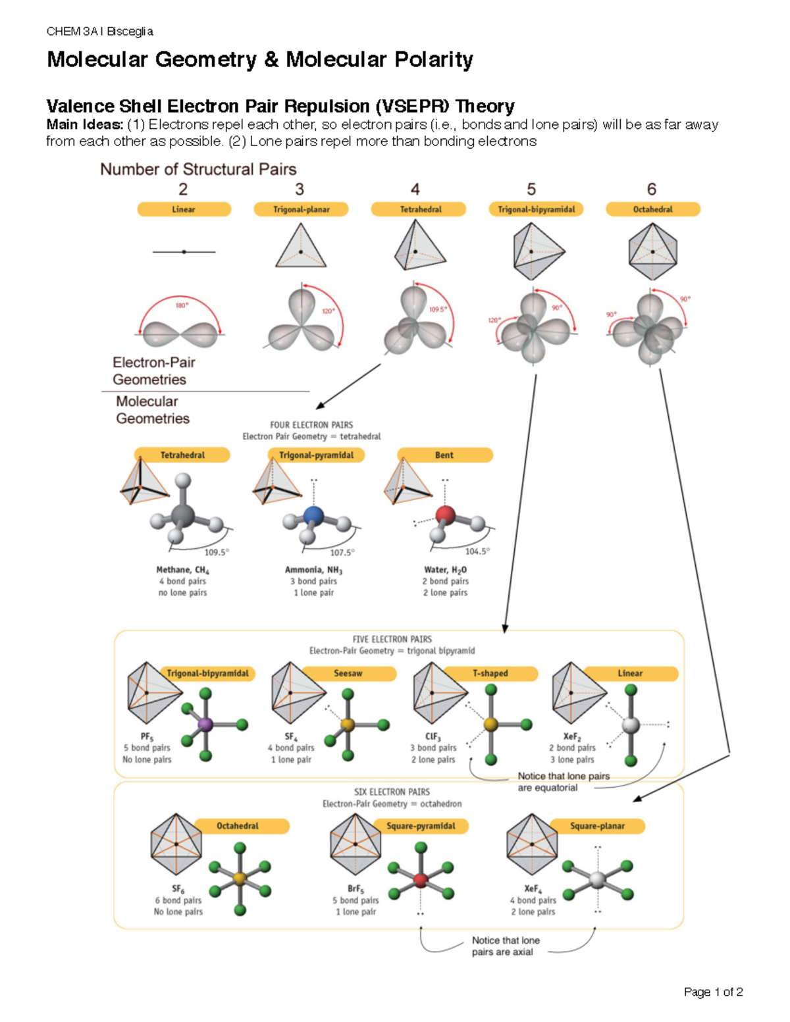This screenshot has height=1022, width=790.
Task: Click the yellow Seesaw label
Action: (348, 673)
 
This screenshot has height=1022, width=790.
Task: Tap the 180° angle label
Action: (181, 305)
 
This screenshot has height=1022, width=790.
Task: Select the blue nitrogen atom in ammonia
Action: (314, 515)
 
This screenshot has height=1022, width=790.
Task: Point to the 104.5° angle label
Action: (477, 551)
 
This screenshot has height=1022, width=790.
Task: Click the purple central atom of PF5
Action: (206, 725)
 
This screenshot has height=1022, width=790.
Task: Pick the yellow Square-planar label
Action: (597, 826)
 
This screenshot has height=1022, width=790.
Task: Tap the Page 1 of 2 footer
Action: (713, 992)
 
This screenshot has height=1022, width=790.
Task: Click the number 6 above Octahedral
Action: (652, 190)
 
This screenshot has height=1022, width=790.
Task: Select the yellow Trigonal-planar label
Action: (301, 209)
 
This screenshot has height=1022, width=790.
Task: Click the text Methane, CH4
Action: (182, 570)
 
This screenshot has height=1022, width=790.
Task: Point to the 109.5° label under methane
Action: (217, 552)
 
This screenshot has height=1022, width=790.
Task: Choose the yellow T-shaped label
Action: (490, 673)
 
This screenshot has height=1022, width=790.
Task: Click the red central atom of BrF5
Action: (421, 880)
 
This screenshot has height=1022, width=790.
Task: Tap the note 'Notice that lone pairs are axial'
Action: (505, 946)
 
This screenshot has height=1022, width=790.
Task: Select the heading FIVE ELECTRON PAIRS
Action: (392, 639)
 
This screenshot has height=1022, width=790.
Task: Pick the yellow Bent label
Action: (444, 455)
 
